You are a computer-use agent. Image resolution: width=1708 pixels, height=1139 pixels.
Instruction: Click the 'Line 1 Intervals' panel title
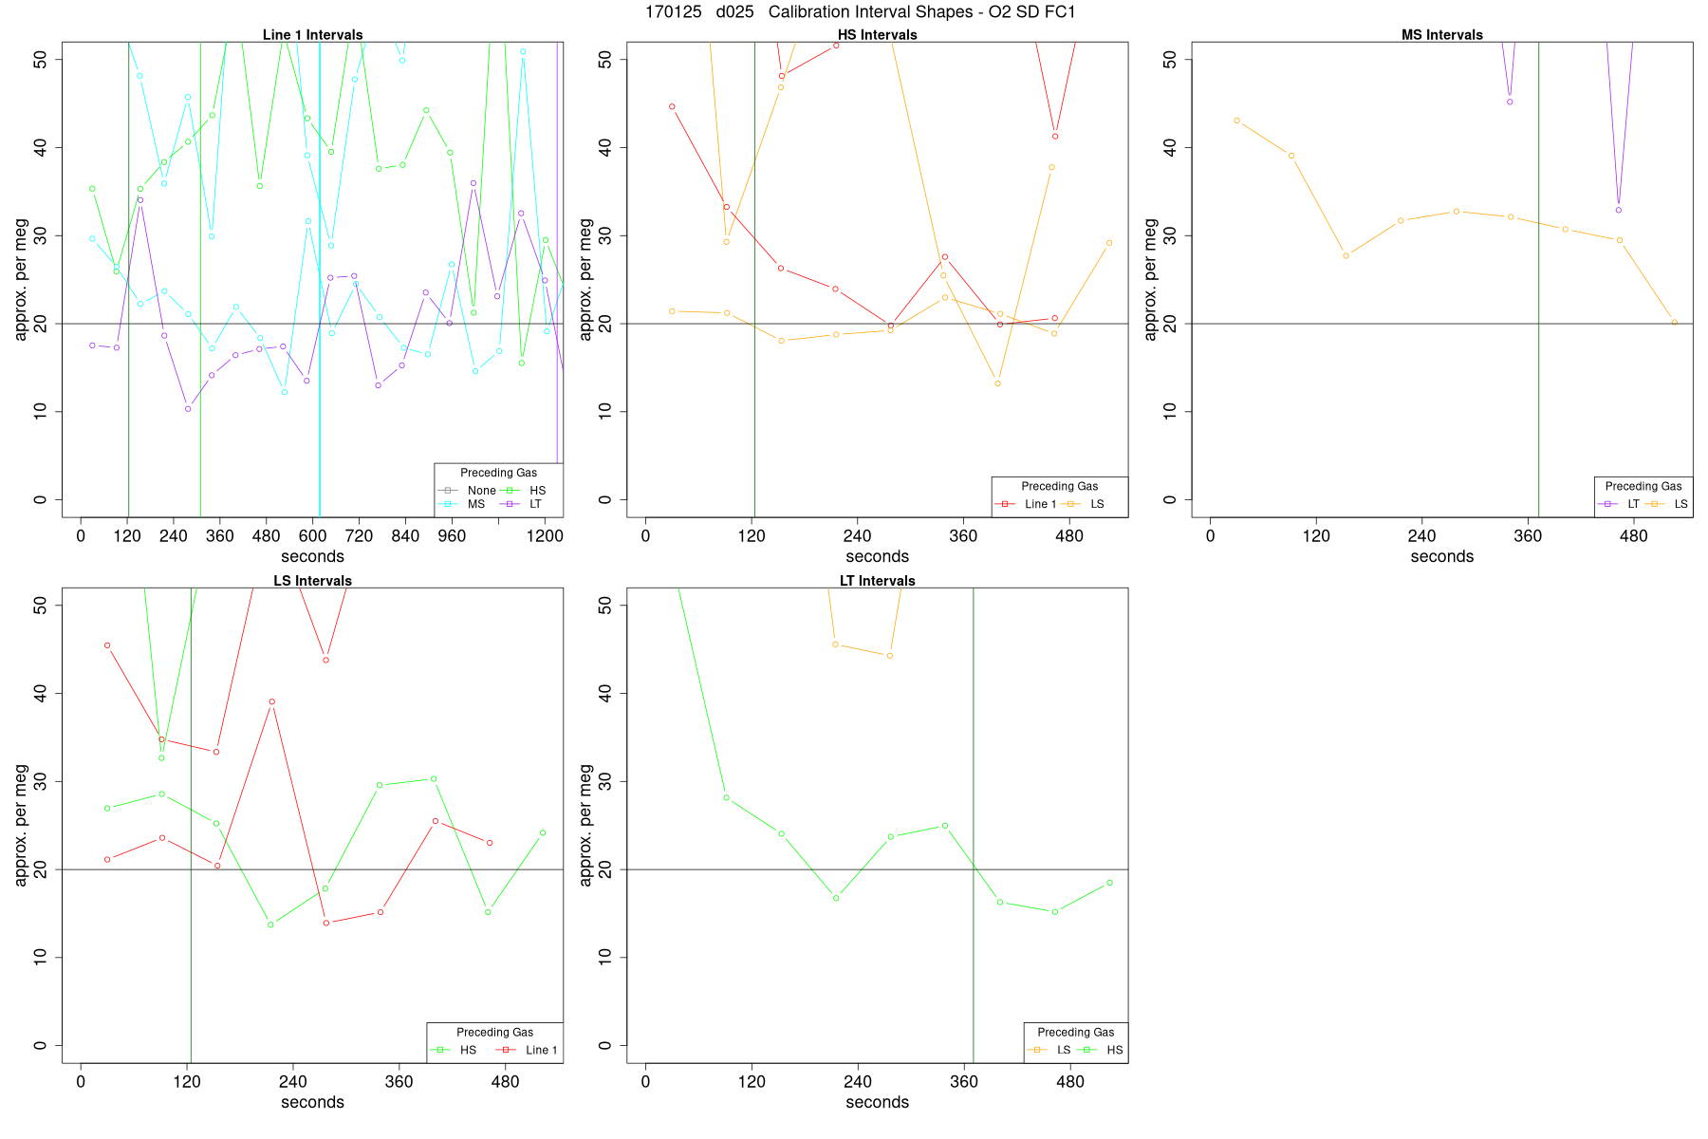[x=312, y=35]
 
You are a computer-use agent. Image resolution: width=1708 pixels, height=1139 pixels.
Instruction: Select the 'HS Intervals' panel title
[x=877, y=35]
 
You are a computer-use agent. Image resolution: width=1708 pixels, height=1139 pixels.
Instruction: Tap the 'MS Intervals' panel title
[x=1441, y=35]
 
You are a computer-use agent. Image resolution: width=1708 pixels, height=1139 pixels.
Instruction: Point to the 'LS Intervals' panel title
[x=312, y=581]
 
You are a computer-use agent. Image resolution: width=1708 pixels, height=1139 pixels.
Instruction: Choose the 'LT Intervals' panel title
[x=877, y=581]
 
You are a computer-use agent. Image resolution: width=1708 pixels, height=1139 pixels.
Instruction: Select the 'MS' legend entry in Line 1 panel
[x=475, y=504]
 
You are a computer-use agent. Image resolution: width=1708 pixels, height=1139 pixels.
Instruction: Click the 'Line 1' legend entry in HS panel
[x=1040, y=504]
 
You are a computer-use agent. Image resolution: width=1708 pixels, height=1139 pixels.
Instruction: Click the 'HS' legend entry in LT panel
[x=1114, y=1050]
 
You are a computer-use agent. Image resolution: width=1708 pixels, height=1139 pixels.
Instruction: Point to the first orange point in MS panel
[x=1236, y=121]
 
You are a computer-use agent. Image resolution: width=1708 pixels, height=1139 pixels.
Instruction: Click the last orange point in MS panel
[x=1674, y=323]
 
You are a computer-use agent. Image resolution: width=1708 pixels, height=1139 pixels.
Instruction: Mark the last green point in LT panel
[x=1109, y=883]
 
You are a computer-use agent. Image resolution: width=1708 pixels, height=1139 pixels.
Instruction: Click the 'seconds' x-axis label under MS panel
[x=1441, y=557]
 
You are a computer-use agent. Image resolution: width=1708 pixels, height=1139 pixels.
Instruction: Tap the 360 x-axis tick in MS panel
[x=1528, y=536]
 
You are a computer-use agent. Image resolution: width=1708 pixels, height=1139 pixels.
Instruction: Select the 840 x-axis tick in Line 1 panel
[x=405, y=536]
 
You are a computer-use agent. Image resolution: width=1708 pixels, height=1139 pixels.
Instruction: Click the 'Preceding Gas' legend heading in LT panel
[x=1075, y=1032]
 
